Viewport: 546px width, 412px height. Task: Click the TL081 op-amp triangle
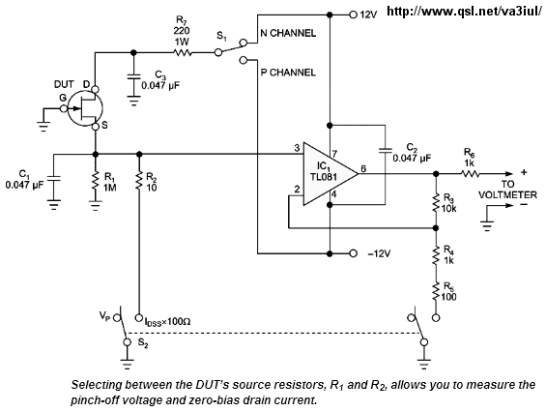click(330, 173)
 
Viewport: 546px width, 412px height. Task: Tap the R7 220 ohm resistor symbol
click(182, 53)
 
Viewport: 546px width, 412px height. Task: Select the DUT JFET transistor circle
click(85, 108)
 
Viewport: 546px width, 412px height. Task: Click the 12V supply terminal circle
click(353, 15)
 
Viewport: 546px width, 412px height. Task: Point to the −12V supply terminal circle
click(353, 253)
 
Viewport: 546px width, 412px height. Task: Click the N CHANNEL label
click(288, 33)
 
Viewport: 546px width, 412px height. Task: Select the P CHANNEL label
click(288, 73)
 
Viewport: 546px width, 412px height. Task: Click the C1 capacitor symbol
click(53, 178)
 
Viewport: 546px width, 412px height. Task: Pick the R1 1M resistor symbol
click(95, 181)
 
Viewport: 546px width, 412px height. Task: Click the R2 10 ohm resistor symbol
click(139, 181)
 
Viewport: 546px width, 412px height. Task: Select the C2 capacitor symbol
click(386, 150)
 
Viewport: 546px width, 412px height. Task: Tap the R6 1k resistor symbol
click(470, 173)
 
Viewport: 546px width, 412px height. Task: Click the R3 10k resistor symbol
click(436, 202)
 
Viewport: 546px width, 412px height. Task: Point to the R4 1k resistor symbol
click(436, 255)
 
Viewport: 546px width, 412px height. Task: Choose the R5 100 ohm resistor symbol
click(436, 291)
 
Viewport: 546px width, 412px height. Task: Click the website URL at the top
click(465, 12)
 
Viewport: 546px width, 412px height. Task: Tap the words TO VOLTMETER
click(508, 190)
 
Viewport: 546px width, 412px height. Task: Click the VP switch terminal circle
click(118, 318)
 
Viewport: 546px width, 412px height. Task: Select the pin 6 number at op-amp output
click(363, 168)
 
